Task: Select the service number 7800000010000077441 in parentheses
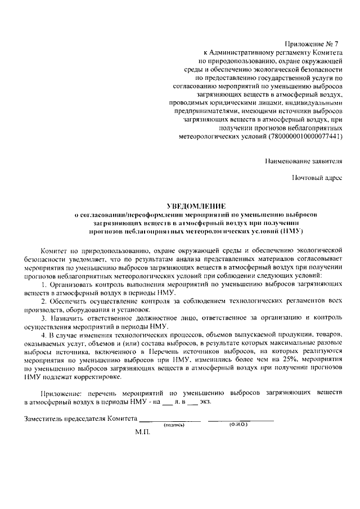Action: coord(304,137)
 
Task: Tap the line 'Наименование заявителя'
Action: coord(303,161)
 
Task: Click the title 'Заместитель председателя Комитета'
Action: coord(80,419)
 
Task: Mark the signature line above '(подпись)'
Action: coord(170,421)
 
